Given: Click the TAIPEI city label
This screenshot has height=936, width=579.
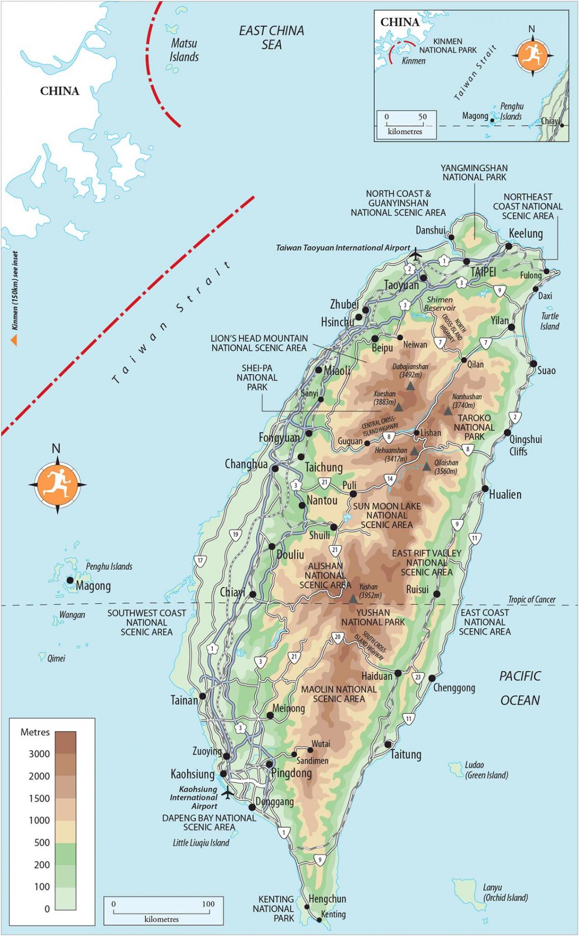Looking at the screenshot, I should click(483, 272).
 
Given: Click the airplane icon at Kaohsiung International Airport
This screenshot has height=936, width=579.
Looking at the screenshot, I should click(228, 792).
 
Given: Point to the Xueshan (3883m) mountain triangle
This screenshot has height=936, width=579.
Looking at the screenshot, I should click(399, 407).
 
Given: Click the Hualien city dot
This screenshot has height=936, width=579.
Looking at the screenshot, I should click(485, 489).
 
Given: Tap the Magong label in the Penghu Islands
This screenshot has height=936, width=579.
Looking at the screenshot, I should click(93, 586).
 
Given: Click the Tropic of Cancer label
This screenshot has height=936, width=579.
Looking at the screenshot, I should click(532, 599).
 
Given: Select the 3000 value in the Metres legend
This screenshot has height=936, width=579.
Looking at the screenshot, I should click(39, 754).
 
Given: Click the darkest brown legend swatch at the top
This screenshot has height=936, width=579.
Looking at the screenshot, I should click(65, 742).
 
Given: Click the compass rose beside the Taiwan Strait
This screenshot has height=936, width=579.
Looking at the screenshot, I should click(57, 484).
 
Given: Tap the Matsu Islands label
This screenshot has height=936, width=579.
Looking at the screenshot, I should click(184, 50).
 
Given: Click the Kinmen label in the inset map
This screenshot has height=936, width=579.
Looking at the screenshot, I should click(414, 61).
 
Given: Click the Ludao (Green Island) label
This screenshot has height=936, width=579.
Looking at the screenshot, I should click(486, 770).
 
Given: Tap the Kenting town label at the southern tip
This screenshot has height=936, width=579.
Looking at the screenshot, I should click(333, 914).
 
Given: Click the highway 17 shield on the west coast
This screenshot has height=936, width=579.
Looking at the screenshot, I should click(201, 561).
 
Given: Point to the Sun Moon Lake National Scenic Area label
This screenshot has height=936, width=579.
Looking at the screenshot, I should click(386, 515).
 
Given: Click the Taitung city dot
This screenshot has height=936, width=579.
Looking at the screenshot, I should click(388, 744).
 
